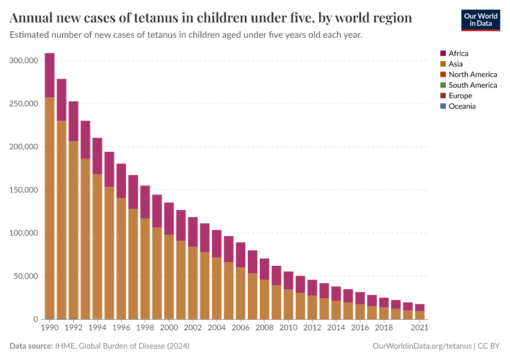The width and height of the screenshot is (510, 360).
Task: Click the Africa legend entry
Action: pos(458,53)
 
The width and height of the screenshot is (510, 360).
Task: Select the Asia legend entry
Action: pos(455,64)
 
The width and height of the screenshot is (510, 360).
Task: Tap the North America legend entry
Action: pos(472,74)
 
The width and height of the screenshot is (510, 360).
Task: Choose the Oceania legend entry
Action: pos(461,106)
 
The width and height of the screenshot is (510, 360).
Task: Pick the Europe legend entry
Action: pos(460,95)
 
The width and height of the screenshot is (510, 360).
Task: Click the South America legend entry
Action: pos(472,85)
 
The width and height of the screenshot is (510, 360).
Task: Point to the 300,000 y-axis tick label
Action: pos(24,61)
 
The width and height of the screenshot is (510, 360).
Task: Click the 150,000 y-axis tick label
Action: pos(24,190)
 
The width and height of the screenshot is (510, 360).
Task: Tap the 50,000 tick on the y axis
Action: pos(26,277)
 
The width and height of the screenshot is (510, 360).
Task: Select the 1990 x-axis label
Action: pos(49,328)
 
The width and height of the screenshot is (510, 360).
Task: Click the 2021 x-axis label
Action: pos(420,328)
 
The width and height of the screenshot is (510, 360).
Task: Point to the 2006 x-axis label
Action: pos(240,328)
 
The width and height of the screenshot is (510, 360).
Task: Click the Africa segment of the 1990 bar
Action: pos(49,75)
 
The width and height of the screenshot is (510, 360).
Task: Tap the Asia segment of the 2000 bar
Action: pos(169,277)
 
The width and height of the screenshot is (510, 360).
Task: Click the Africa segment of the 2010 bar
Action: pos(288,280)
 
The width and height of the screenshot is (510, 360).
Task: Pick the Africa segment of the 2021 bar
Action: pos(420,307)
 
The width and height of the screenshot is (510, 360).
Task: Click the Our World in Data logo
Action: pos(480,20)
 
